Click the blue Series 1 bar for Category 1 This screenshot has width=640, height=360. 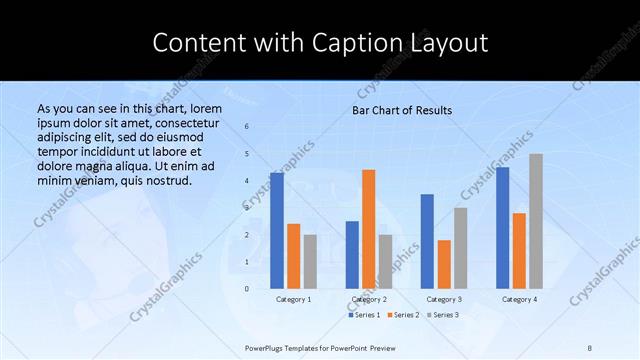[277, 230]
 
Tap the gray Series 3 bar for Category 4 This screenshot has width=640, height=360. [536, 221]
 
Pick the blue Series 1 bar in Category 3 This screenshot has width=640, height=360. [427, 241]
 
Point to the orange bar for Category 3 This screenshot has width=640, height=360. [444, 264]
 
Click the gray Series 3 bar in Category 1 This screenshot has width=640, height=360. [310, 261]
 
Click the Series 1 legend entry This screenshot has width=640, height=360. [365, 315]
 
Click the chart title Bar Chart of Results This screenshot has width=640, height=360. [402, 110]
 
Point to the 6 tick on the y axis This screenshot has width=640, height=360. [247, 127]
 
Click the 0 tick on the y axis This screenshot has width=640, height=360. [247, 289]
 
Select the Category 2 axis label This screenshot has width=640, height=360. [369, 299]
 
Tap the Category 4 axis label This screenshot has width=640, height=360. [519, 299]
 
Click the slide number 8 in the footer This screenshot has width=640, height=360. [590, 346]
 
